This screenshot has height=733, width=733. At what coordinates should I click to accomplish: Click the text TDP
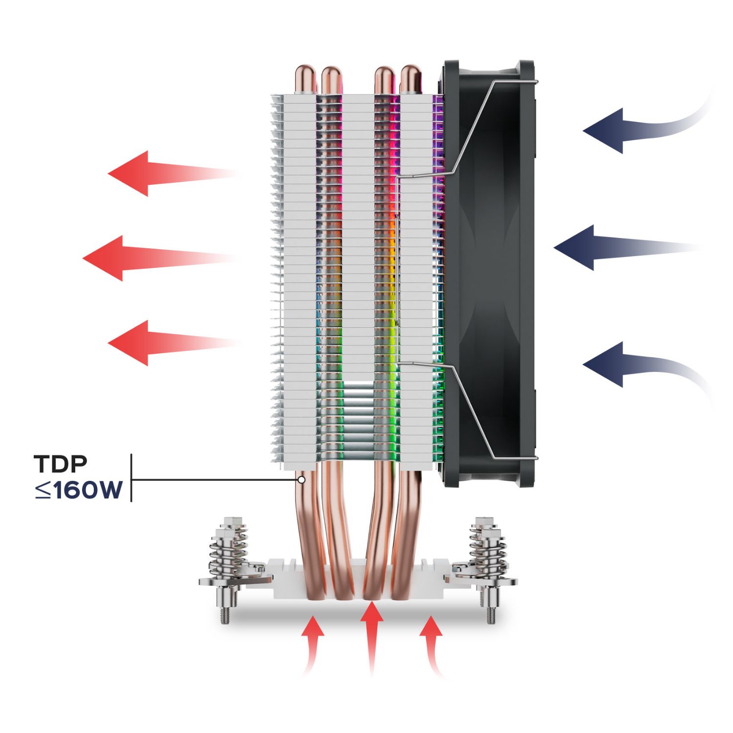[x=61, y=464]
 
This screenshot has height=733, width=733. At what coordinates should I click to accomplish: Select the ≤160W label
[x=78, y=490]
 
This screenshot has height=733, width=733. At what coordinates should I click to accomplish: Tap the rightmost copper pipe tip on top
[x=410, y=78]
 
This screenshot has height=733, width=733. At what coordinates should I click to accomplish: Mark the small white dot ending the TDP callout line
[x=302, y=480]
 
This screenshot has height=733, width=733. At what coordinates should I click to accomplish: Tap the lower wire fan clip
[x=469, y=406]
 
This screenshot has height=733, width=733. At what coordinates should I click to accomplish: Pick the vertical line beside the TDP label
[x=131, y=477]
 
